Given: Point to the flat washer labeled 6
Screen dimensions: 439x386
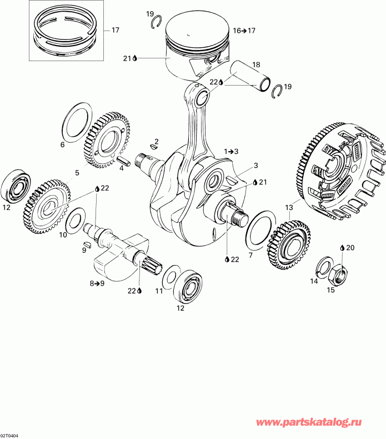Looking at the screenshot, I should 76,122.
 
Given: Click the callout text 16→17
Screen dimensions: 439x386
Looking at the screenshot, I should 244,31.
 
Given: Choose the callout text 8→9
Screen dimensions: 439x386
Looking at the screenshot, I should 97,283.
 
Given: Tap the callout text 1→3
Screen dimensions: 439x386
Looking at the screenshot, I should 232,151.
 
